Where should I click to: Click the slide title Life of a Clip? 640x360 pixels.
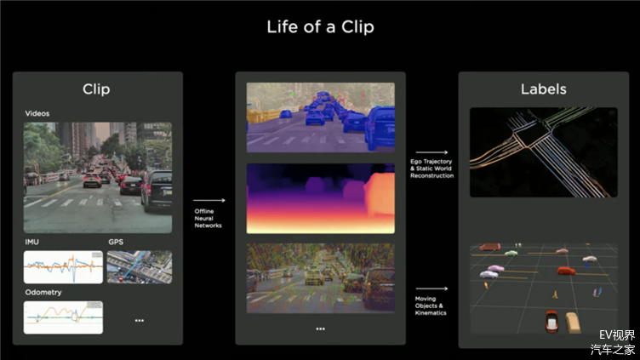pos(320,27)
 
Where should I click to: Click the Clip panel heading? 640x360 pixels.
pos(96,89)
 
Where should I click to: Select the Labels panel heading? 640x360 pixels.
pos(544,89)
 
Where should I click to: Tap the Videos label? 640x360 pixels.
pos(37,113)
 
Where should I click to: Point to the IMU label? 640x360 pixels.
pos(31,242)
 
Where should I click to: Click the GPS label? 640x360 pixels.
pos(116,242)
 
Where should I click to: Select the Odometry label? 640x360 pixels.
pos(43,292)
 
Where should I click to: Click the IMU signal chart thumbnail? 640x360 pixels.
pos(63,267)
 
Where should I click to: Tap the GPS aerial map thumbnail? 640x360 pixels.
pos(140,267)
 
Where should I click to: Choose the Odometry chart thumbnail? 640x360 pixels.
pos(63,317)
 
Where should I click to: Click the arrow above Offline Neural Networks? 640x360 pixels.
pos(209,200)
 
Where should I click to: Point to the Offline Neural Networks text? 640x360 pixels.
pos(208,219)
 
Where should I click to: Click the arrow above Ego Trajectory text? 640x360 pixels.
pos(431,152)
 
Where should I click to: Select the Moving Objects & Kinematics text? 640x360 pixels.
pos(431,306)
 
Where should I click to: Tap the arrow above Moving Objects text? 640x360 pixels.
pos(431,289)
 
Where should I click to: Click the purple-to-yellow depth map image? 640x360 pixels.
pos(320,198)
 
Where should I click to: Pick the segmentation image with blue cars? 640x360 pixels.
pos(320,117)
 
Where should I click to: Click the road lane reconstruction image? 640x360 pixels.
pos(544,152)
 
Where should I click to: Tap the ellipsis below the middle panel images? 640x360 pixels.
pos(320,329)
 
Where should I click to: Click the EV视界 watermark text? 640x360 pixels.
pos(617,335)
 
